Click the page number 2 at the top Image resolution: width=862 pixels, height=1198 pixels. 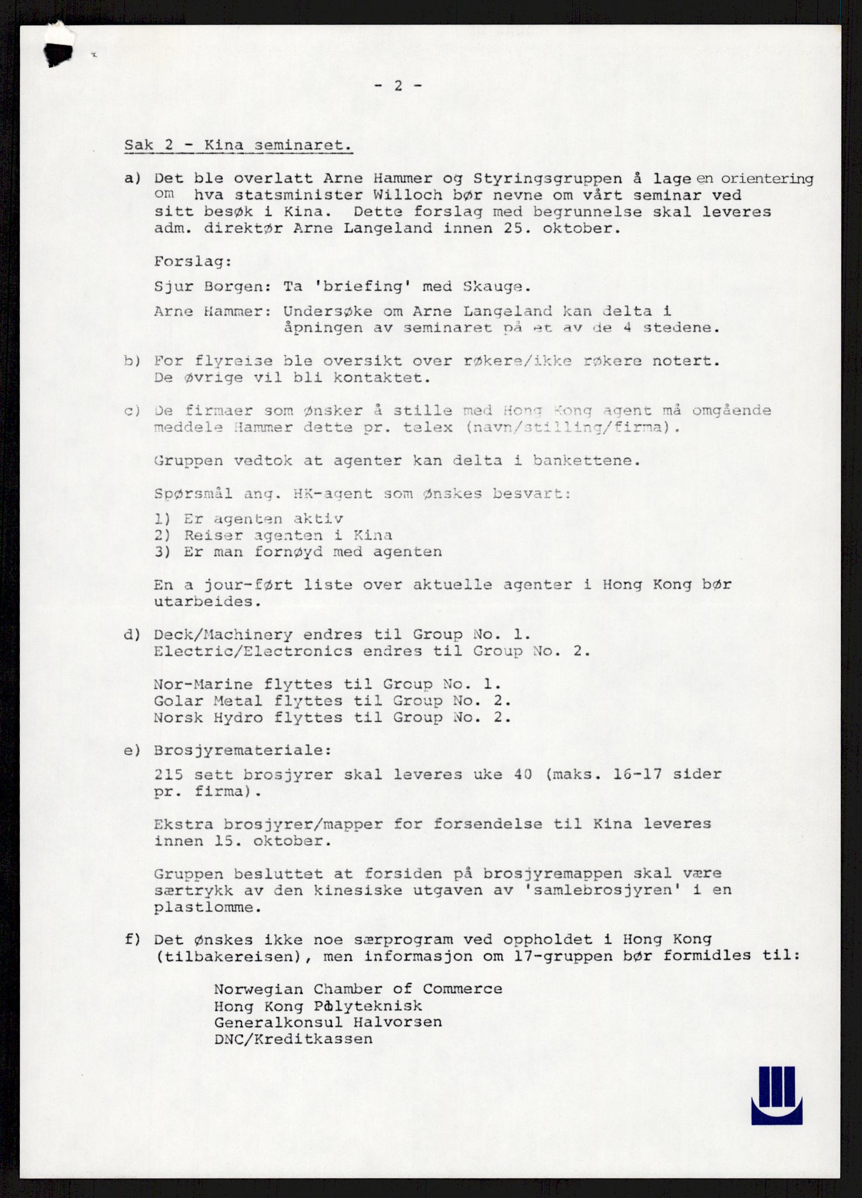point(398,86)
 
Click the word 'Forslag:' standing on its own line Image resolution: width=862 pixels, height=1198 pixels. point(193,261)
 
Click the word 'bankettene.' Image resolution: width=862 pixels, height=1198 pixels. point(587,460)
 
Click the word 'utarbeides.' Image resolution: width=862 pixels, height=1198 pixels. point(208,601)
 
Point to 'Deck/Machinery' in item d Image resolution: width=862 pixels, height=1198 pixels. point(223,635)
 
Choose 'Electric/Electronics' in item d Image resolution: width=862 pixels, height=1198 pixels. point(253,651)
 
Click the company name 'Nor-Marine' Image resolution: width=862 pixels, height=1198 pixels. point(203,684)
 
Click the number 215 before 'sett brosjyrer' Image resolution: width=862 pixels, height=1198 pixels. point(168,774)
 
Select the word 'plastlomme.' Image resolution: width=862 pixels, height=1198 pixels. point(208,908)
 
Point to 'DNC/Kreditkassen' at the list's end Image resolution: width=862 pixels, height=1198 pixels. point(293,1039)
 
